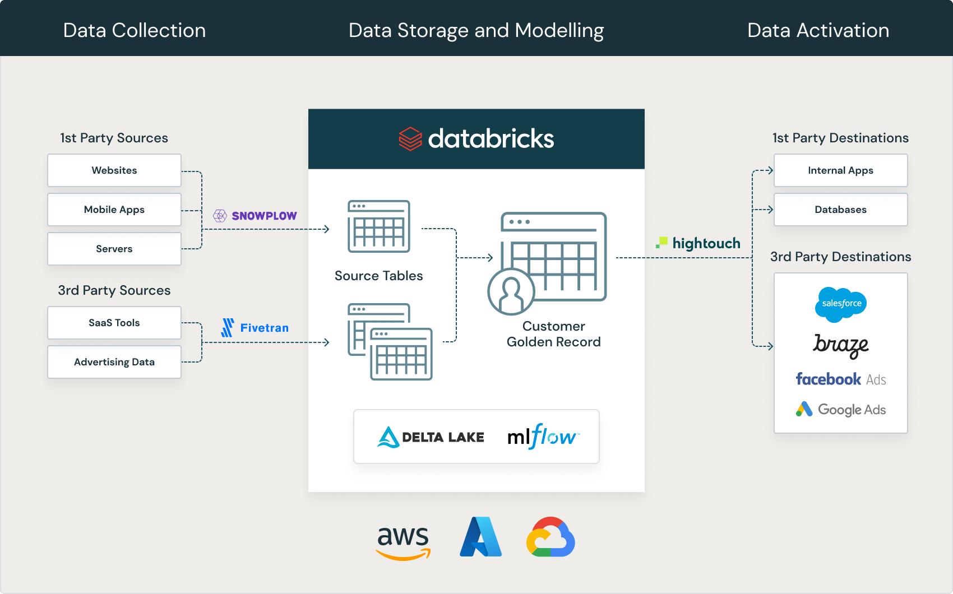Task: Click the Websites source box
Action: [x=114, y=170]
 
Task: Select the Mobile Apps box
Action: [x=114, y=210]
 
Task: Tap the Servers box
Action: [x=114, y=249]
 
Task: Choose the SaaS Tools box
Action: [x=114, y=323]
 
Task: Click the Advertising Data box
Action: [x=114, y=362]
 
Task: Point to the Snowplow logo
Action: [x=255, y=216]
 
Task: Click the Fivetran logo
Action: [x=255, y=328]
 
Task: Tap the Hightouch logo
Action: [x=698, y=243]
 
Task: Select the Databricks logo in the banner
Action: [x=476, y=139]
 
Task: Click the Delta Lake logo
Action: [x=431, y=437]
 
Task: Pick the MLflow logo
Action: [x=543, y=436]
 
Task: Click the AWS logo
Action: [x=403, y=542]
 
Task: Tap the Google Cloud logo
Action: [x=550, y=537]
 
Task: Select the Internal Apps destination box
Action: [x=840, y=170]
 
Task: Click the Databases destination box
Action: [x=840, y=210]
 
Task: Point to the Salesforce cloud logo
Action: [x=841, y=304]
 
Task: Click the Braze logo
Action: [x=841, y=345]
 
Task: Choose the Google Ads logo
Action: [x=841, y=410]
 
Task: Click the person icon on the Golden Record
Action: [x=511, y=292]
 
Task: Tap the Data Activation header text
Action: [x=818, y=30]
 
